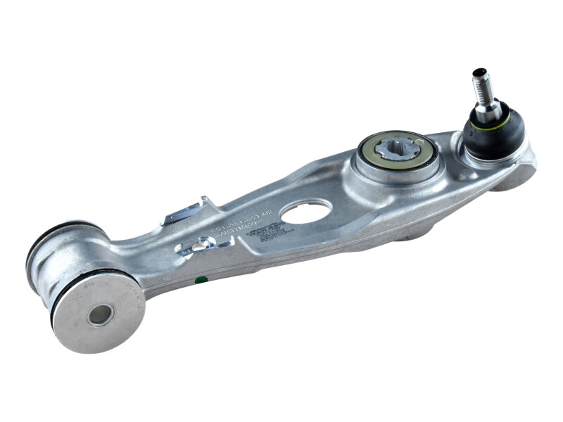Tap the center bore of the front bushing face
(100, 314)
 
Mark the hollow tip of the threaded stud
(480, 72)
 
